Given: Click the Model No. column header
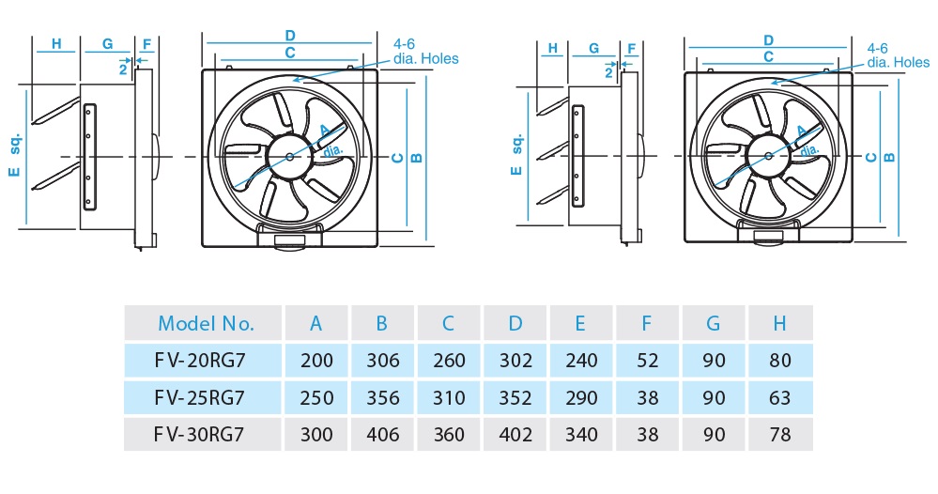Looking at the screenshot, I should point(206,324).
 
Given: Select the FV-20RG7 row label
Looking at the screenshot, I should point(200,361).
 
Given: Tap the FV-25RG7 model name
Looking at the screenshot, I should point(200,398).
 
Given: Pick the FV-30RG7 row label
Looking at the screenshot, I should point(200,435).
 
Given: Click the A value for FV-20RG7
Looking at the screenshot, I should point(316,361).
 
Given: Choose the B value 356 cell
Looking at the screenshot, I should point(382,398).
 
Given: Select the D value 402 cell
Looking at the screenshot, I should point(515,435).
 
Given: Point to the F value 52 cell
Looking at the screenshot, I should point(647,361).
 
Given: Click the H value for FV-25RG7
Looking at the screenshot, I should point(779,398).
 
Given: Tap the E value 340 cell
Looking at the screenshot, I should point(580,435).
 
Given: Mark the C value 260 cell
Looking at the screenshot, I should point(448,361).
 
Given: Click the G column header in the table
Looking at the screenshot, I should point(714,324).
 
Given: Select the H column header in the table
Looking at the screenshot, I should point(779,324).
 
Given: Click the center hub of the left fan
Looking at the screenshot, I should point(288,155).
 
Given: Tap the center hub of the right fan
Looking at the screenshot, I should point(769,155).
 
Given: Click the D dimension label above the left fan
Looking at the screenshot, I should point(290,36).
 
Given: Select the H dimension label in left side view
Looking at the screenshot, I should point(56,44).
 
